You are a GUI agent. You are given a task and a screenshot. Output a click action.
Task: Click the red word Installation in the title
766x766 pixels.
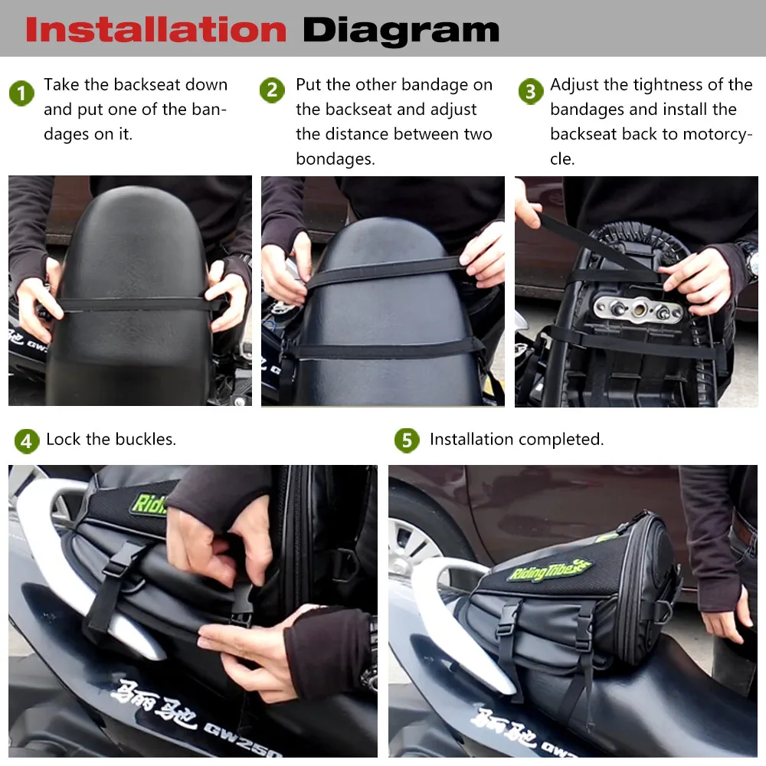point(155,29)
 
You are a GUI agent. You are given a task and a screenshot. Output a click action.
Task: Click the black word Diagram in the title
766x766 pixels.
point(401,29)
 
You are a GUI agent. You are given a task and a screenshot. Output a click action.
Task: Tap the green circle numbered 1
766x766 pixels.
point(21,94)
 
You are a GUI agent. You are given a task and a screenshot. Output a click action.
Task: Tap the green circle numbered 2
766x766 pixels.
point(272,91)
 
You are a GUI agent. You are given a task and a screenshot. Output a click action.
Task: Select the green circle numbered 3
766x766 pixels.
point(530,92)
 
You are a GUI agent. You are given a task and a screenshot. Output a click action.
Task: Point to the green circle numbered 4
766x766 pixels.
point(27,441)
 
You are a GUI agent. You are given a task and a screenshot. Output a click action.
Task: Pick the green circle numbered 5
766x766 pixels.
point(407,440)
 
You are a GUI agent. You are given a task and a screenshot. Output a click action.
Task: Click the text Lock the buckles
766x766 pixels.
point(111,440)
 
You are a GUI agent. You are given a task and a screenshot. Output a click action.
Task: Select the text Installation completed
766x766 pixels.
point(516,440)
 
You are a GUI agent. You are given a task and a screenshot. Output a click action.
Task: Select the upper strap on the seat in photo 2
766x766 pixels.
point(383,270)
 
